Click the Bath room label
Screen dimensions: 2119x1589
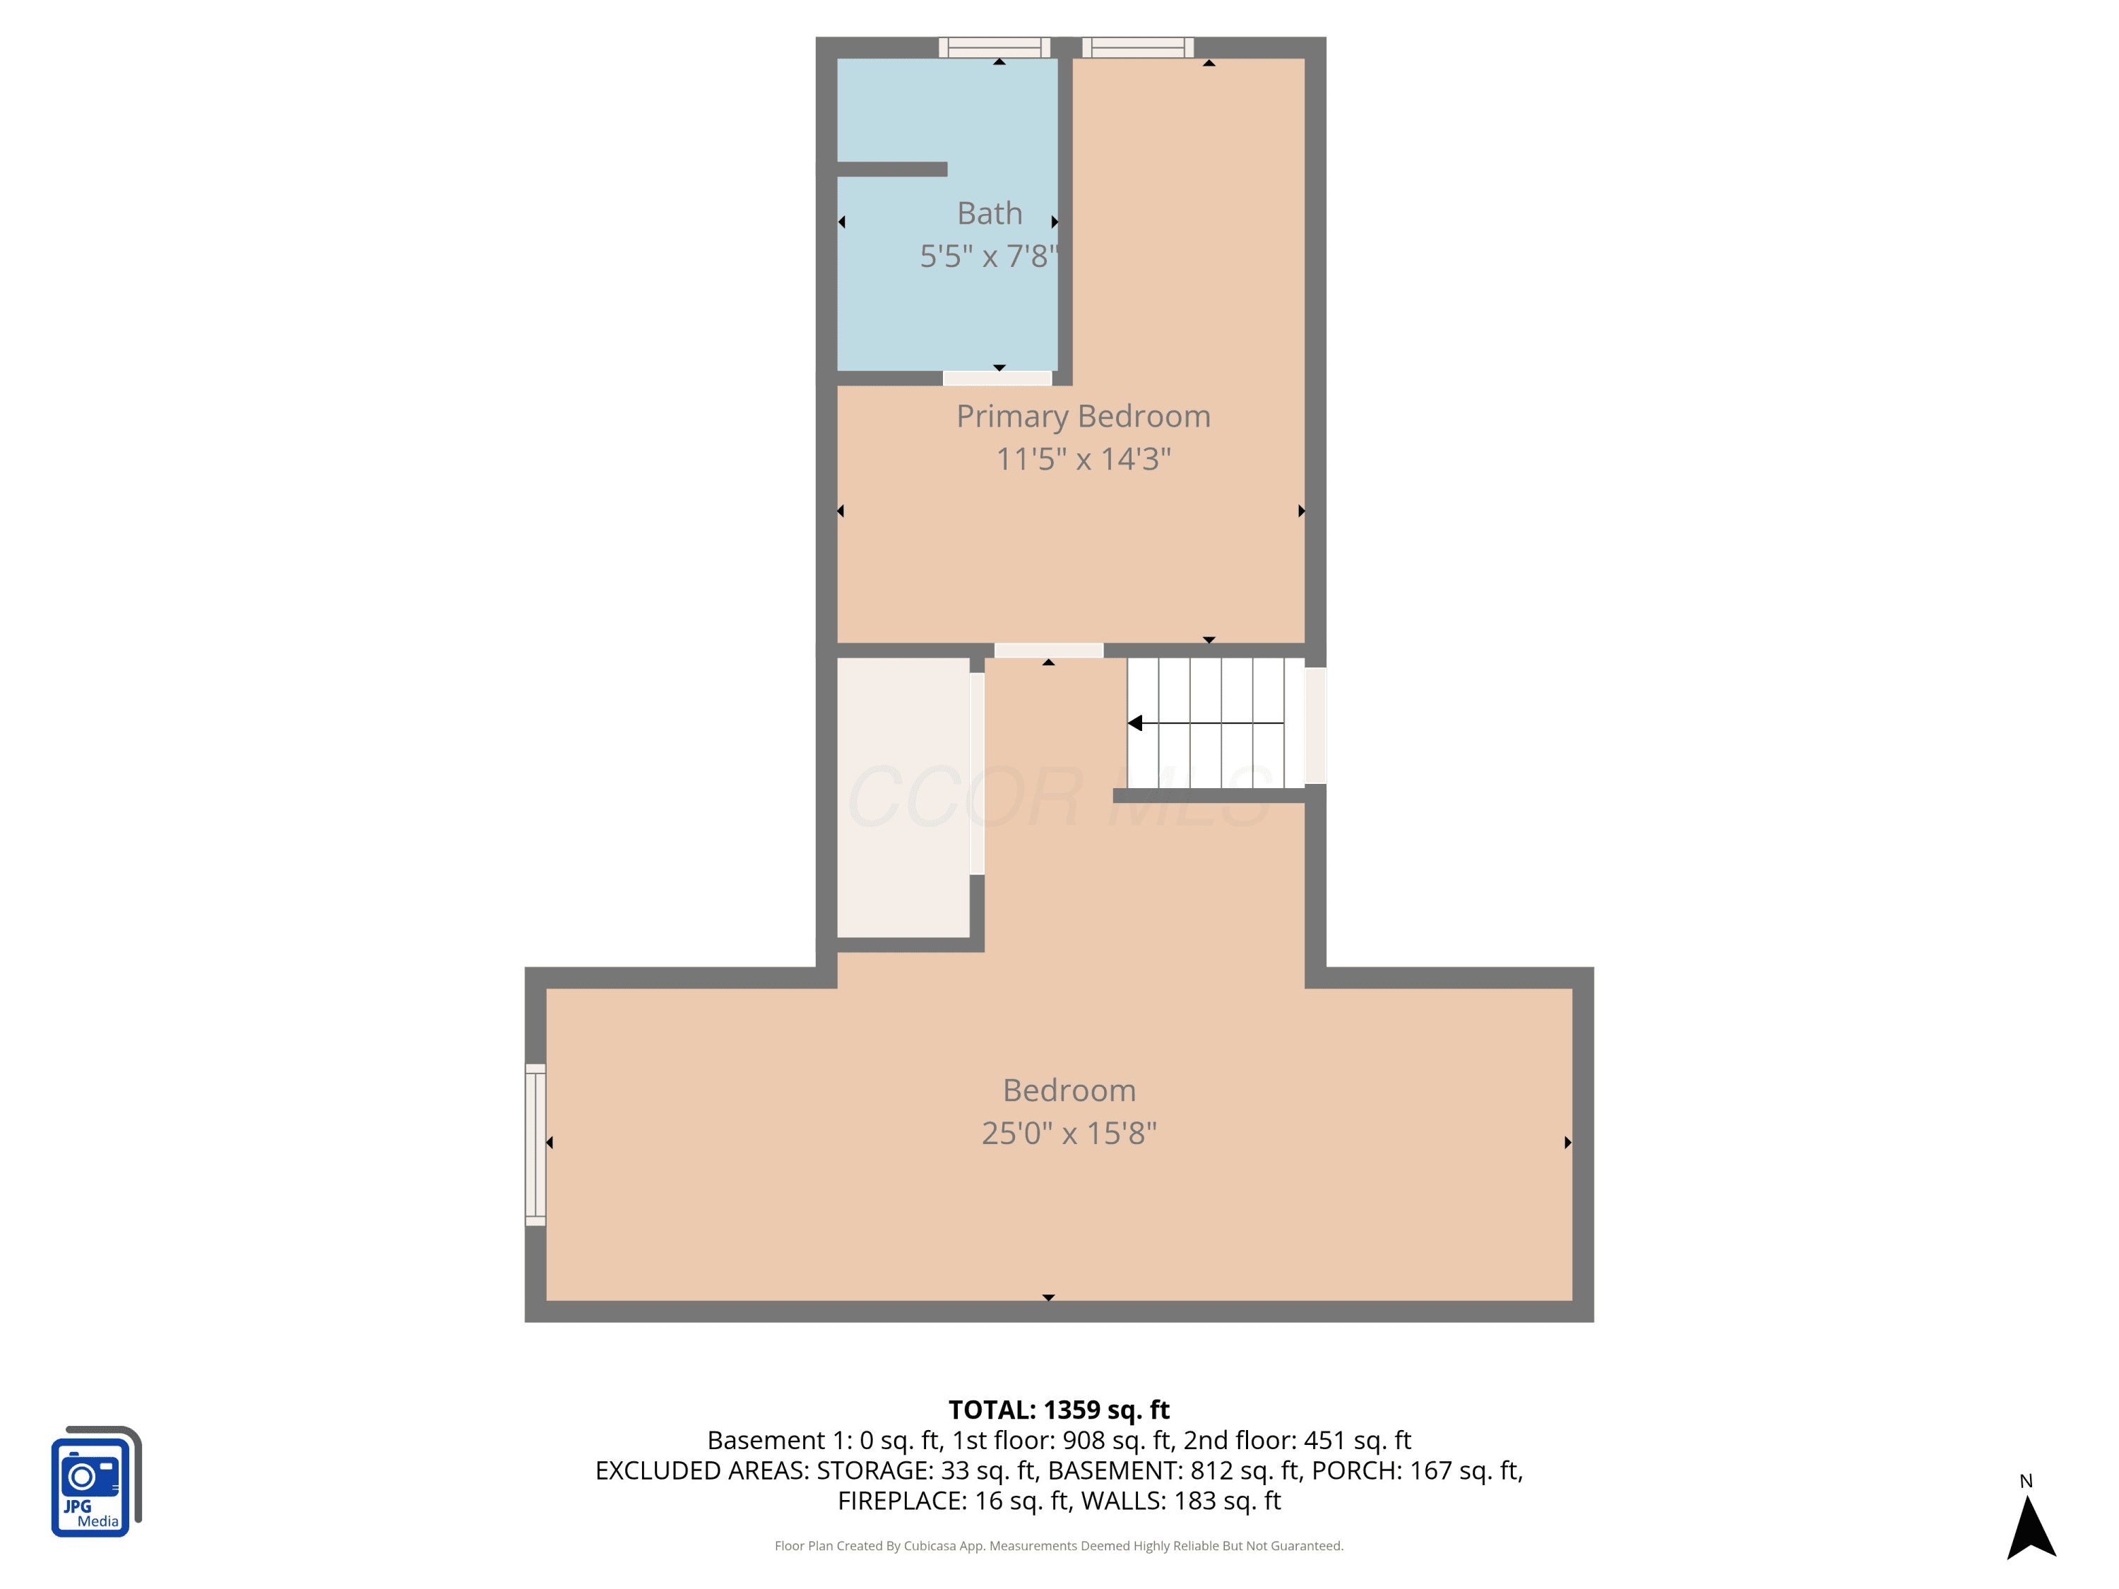pos(990,213)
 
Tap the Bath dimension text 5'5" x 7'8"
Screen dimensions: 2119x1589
pos(989,256)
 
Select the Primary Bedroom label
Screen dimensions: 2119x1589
pos(1084,417)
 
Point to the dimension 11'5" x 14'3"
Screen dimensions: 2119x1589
pos(1084,459)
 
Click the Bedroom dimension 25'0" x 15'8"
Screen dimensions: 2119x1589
pos(1069,1133)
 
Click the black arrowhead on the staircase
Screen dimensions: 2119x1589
pos(1135,723)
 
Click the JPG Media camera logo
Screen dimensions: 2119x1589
pos(96,1481)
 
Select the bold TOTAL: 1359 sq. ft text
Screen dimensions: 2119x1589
pos(1059,1410)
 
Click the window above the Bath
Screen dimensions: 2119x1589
pos(995,48)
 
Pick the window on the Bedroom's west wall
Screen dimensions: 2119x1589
pos(535,1145)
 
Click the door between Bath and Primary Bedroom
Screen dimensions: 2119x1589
pos(997,379)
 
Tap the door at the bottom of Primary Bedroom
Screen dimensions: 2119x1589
pos(1049,650)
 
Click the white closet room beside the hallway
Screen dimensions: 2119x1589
pos(903,797)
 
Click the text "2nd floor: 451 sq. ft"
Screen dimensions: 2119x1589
pos(1297,1441)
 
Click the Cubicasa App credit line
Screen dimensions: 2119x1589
pos(1059,1546)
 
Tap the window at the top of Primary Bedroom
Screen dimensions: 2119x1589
pos(1138,48)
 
